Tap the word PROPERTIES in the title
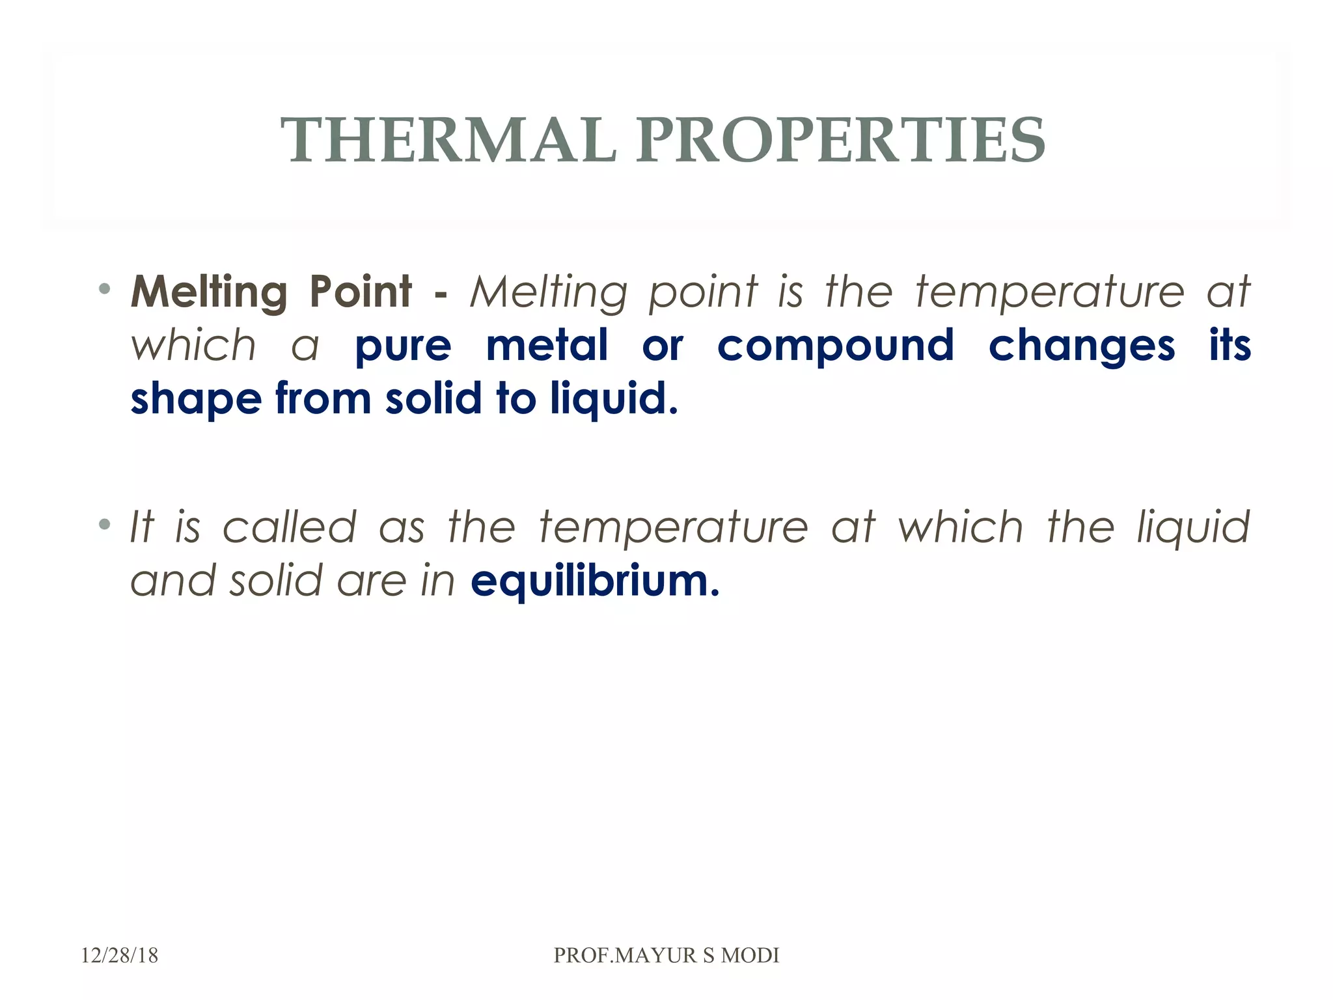[x=841, y=140]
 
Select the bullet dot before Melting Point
[x=104, y=288]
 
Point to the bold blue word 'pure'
[x=403, y=346]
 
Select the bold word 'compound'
[x=836, y=346]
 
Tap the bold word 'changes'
[x=1082, y=346]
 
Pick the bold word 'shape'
[x=196, y=399]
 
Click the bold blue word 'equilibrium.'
[x=595, y=581]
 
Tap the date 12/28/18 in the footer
[x=120, y=955]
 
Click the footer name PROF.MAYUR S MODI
[x=666, y=955]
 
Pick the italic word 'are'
[x=372, y=581]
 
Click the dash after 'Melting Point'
[x=440, y=293]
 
